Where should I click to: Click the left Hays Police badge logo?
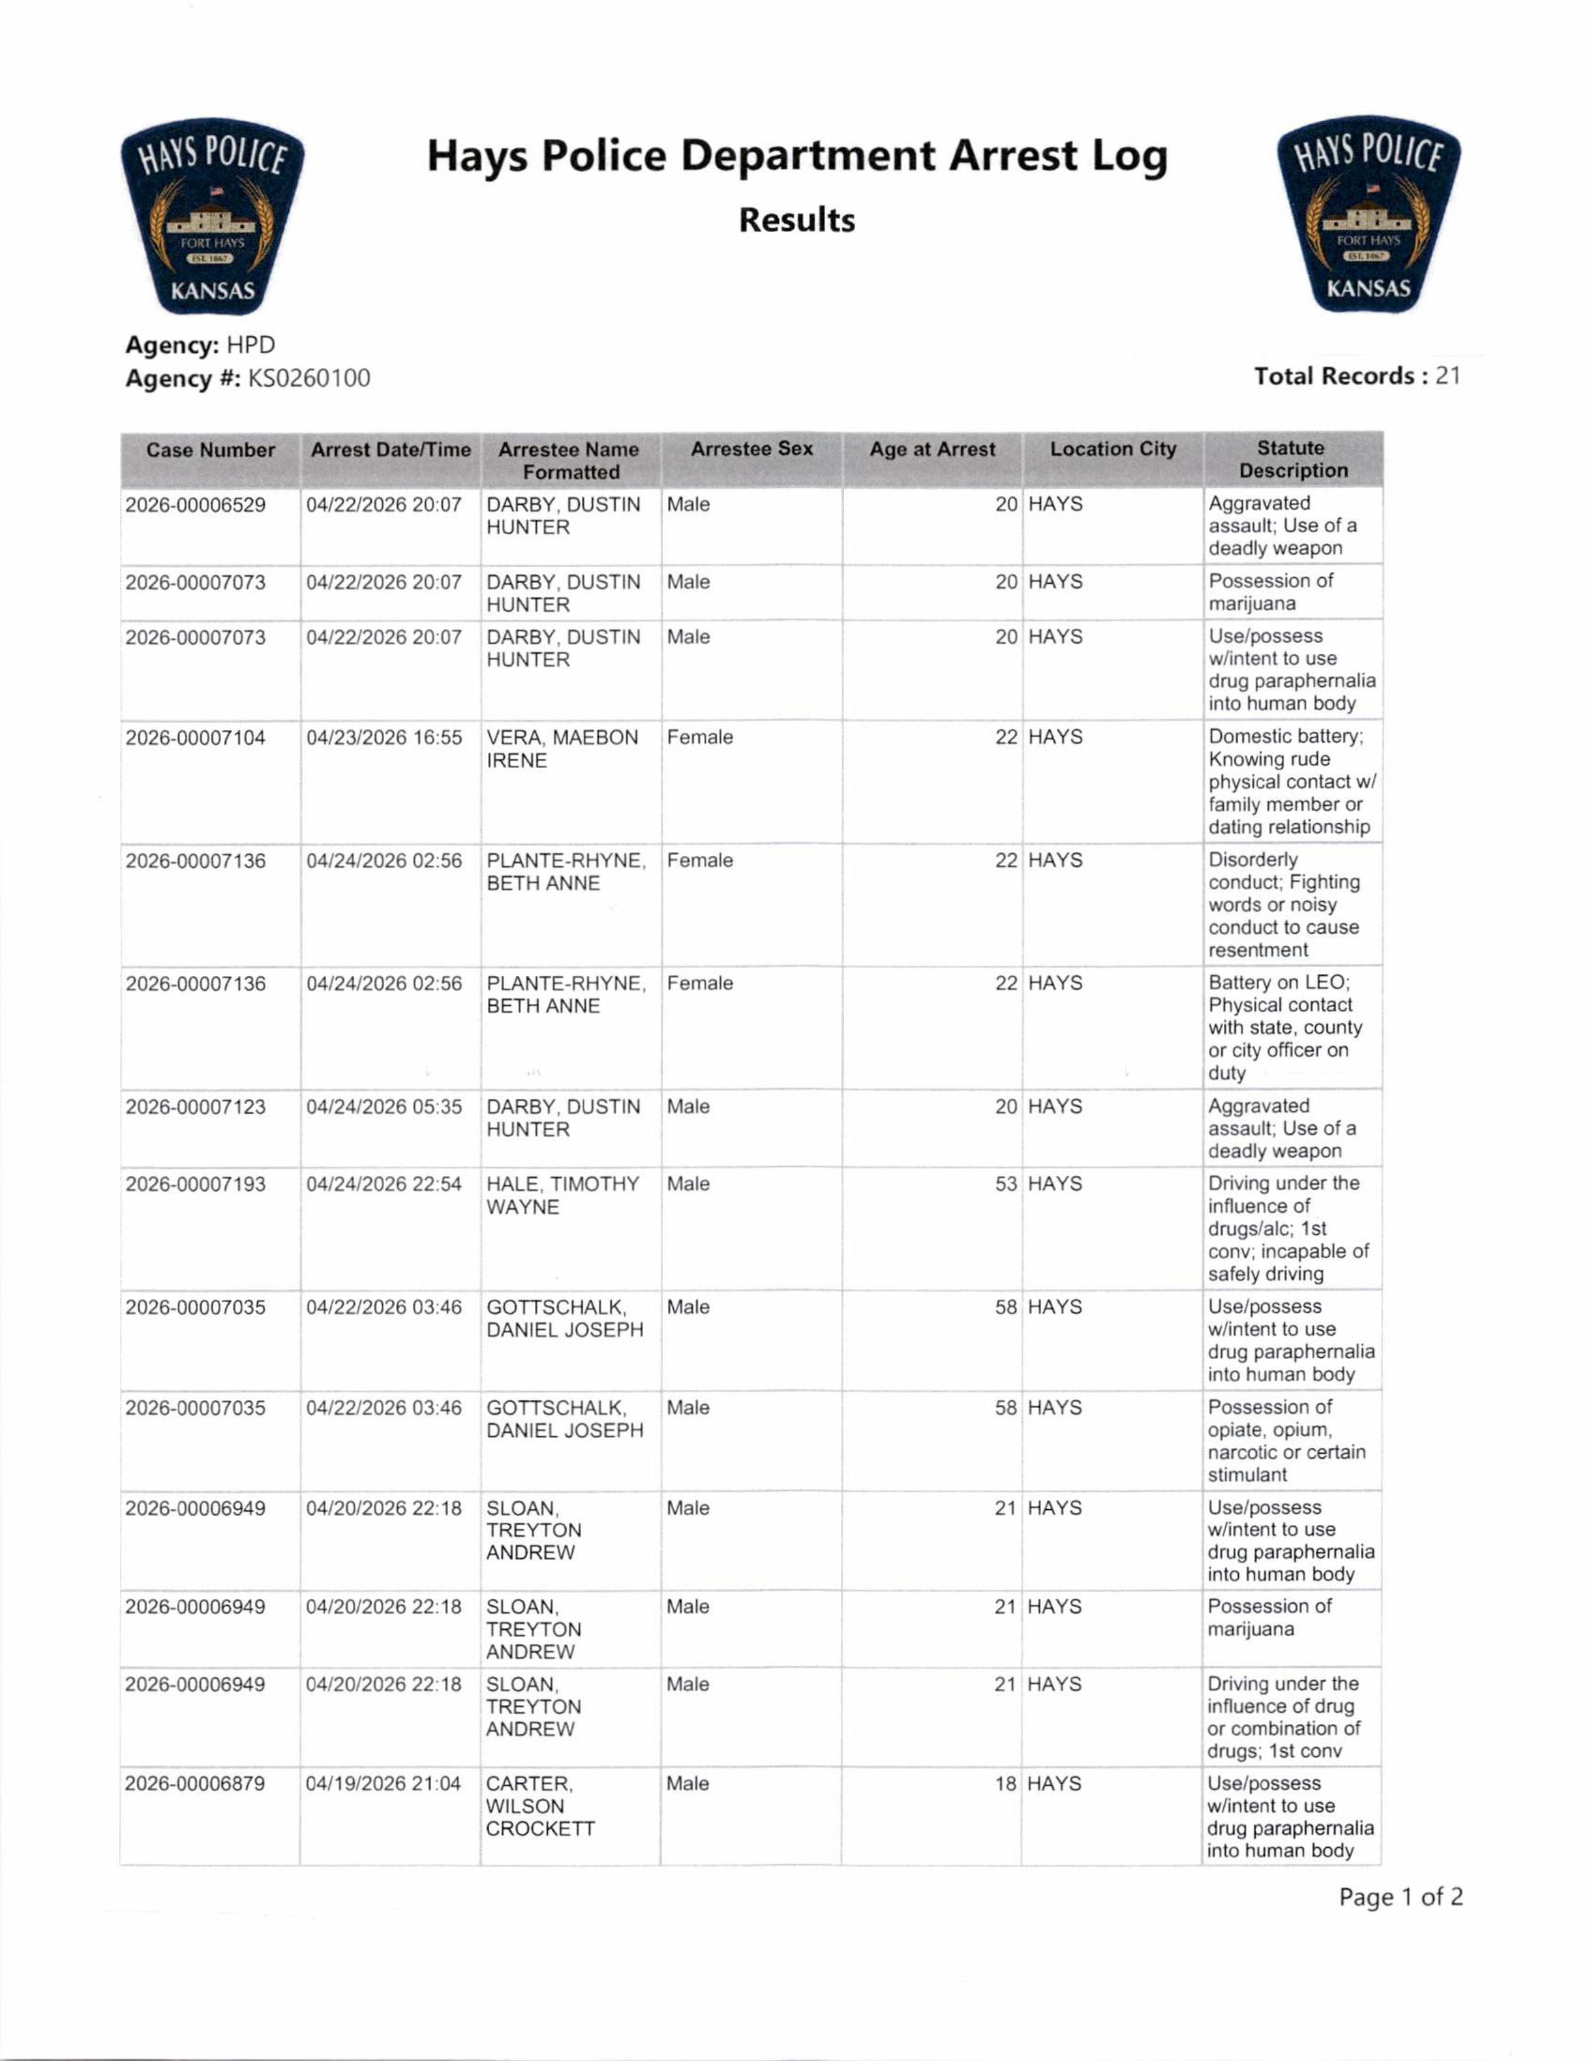tap(212, 215)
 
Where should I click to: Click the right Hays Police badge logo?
tap(1368, 215)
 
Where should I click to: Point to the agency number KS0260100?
tap(308, 378)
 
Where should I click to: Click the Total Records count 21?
tap(1448, 377)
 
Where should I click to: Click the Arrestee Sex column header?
tap(751, 449)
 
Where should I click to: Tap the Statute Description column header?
tap(1292, 460)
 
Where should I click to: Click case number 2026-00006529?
tap(195, 505)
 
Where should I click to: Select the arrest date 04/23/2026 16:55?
tap(384, 738)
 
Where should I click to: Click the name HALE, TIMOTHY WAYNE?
tap(562, 1196)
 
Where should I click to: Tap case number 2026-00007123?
tap(195, 1107)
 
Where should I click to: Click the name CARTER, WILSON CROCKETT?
tap(540, 1806)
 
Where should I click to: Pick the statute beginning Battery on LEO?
tap(1284, 1028)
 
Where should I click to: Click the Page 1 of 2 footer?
tap(1400, 1898)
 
